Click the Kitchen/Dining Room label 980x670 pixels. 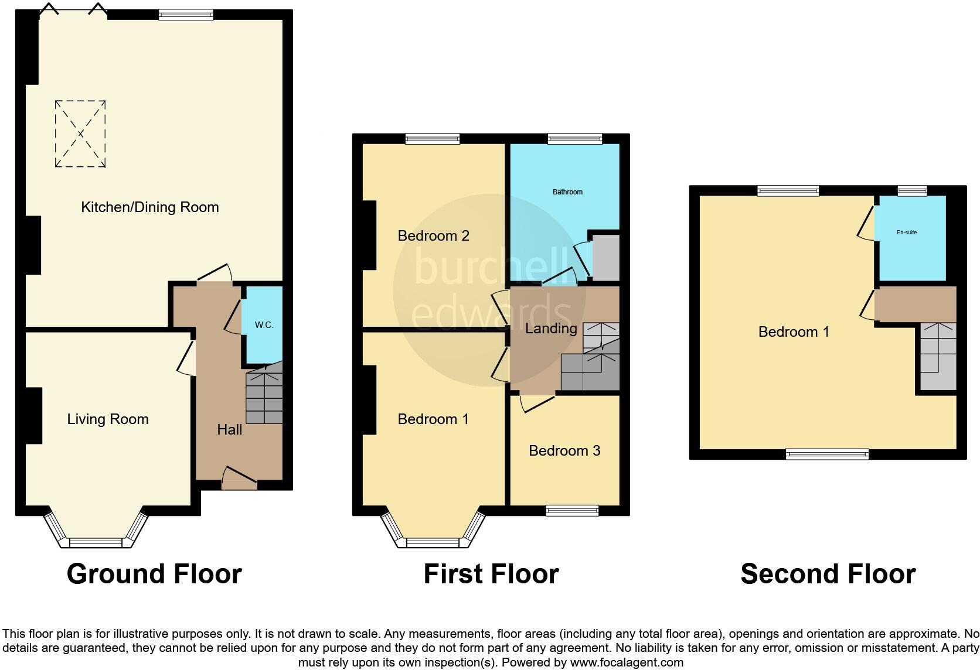point(149,207)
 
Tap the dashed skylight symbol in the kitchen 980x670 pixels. point(80,134)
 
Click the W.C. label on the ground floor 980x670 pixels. point(264,325)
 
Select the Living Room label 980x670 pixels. point(108,419)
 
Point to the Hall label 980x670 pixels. point(229,429)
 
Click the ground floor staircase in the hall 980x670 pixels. point(264,395)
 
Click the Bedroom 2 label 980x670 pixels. point(433,235)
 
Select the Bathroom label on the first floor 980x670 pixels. point(567,192)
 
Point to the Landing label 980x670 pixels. point(550,329)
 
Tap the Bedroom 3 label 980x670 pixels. point(564,450)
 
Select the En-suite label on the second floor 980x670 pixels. point(906,233)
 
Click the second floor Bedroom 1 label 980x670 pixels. point(794,332)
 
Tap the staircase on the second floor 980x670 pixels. point(938,357)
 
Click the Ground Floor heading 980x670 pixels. point(154,574)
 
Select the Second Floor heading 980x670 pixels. point(828,574)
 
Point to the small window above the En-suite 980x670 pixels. point(912,190)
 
